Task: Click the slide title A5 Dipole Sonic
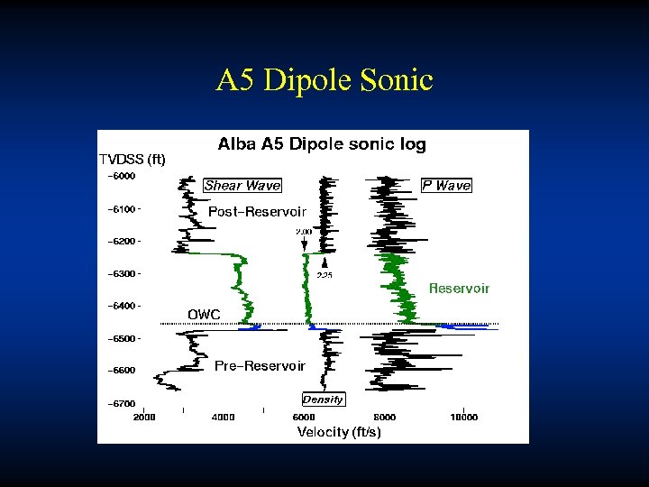324,80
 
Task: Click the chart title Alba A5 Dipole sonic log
322,144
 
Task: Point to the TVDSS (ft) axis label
133,160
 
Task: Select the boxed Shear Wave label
242,186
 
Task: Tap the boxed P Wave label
446,186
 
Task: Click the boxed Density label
323,400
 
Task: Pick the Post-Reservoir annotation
257,211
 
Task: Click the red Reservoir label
459,289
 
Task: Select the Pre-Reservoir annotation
260,366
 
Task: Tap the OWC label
203,314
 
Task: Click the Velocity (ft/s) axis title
339,432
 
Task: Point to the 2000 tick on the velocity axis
144,418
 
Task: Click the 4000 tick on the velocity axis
223,418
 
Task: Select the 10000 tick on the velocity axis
463,418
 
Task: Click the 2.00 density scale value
304,232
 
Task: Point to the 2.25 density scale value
324,275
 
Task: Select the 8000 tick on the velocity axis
385,418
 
